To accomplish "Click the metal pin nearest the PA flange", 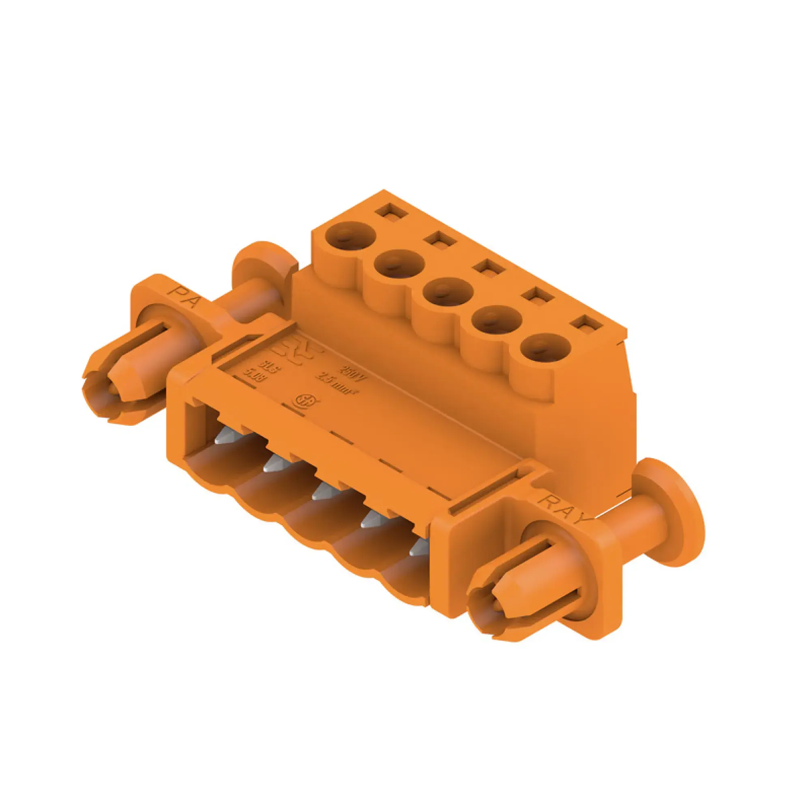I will [x=225, y=439].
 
